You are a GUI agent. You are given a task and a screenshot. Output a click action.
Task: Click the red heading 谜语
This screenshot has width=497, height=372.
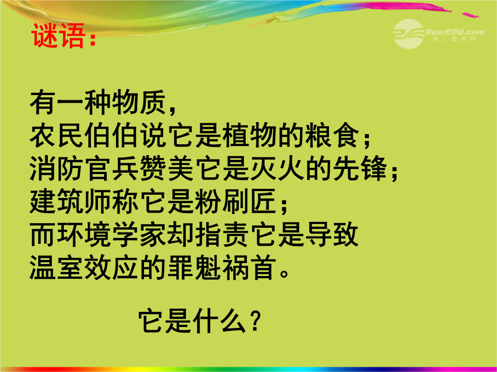click(x=58, y=35)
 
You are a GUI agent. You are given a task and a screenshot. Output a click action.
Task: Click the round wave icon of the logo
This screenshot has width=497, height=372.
click(x=409, y=34)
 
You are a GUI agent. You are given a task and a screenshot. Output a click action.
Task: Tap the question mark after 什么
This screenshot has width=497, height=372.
click(x=255, y=321)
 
